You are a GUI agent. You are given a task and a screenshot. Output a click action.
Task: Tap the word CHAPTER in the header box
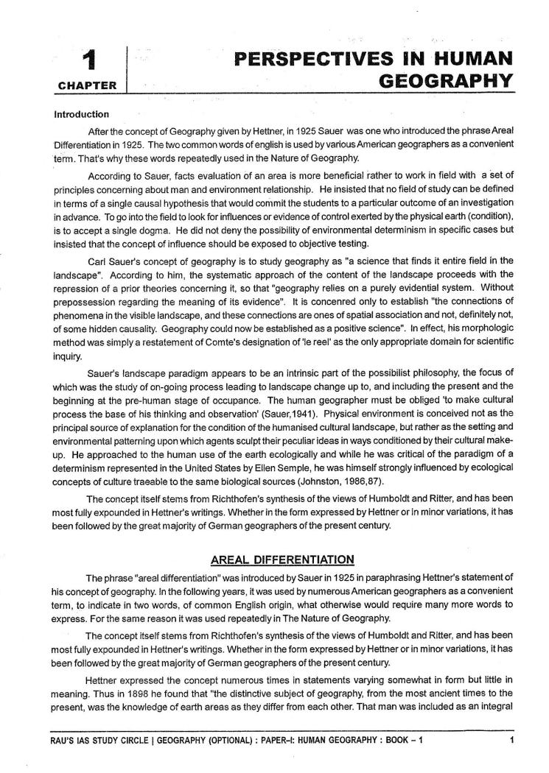coord(86,85)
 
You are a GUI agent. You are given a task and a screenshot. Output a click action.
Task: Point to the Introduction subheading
coord(82,114)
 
